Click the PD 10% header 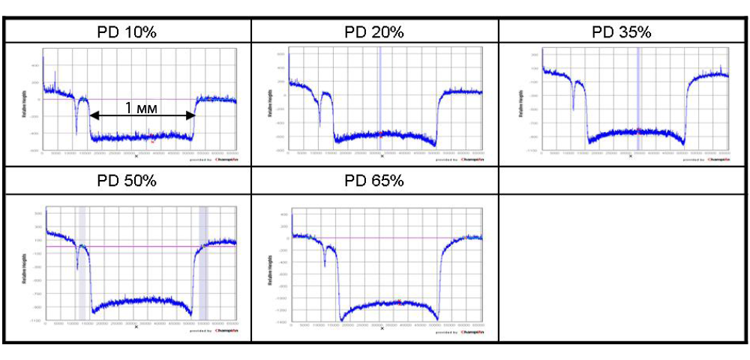(x=127, y=32)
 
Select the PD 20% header (x=374, y=32)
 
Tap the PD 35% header (x=622, y=32)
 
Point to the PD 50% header (x=127, y=181)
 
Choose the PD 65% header (x=374, y=181)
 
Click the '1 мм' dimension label (x=140, y=107)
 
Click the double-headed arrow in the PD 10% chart (x=142, y=115)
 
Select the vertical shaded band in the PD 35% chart (x=638, y=97)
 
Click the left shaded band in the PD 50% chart (x=82, y=262)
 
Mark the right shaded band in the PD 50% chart (x=203, y=262)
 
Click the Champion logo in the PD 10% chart (x=225, y=158)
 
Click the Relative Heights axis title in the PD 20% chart (x=271, y=101)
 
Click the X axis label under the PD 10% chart (x=136, y=157)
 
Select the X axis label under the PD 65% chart (x=382, y=328)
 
